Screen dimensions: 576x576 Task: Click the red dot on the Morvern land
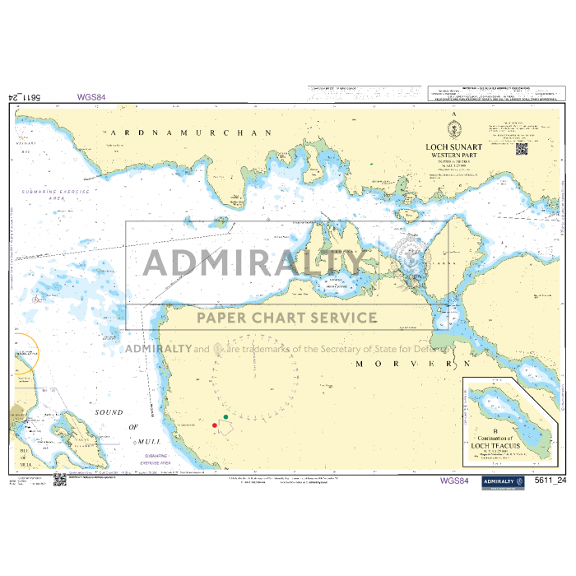215,425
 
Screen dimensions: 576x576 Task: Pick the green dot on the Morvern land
225,418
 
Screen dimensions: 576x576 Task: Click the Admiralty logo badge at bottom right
504,481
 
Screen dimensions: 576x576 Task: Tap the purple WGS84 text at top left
91,97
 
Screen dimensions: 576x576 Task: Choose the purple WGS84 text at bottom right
455,481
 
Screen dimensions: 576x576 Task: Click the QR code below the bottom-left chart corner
60,479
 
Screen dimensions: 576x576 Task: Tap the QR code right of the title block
521,148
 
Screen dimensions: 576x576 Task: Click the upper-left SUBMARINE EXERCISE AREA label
57,195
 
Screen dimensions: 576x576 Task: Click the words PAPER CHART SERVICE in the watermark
286,318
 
